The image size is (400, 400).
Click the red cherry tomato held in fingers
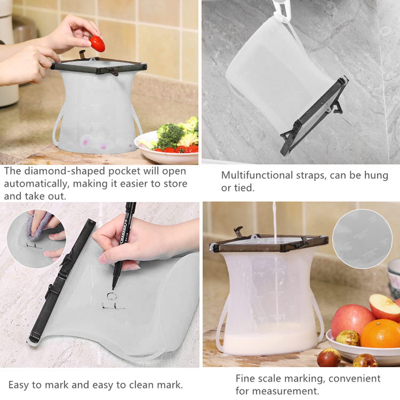97,44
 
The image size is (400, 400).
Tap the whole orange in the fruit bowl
380,333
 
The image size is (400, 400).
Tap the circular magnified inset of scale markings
362,239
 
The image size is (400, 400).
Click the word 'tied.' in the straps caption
245,188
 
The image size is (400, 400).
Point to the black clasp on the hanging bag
336,107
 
